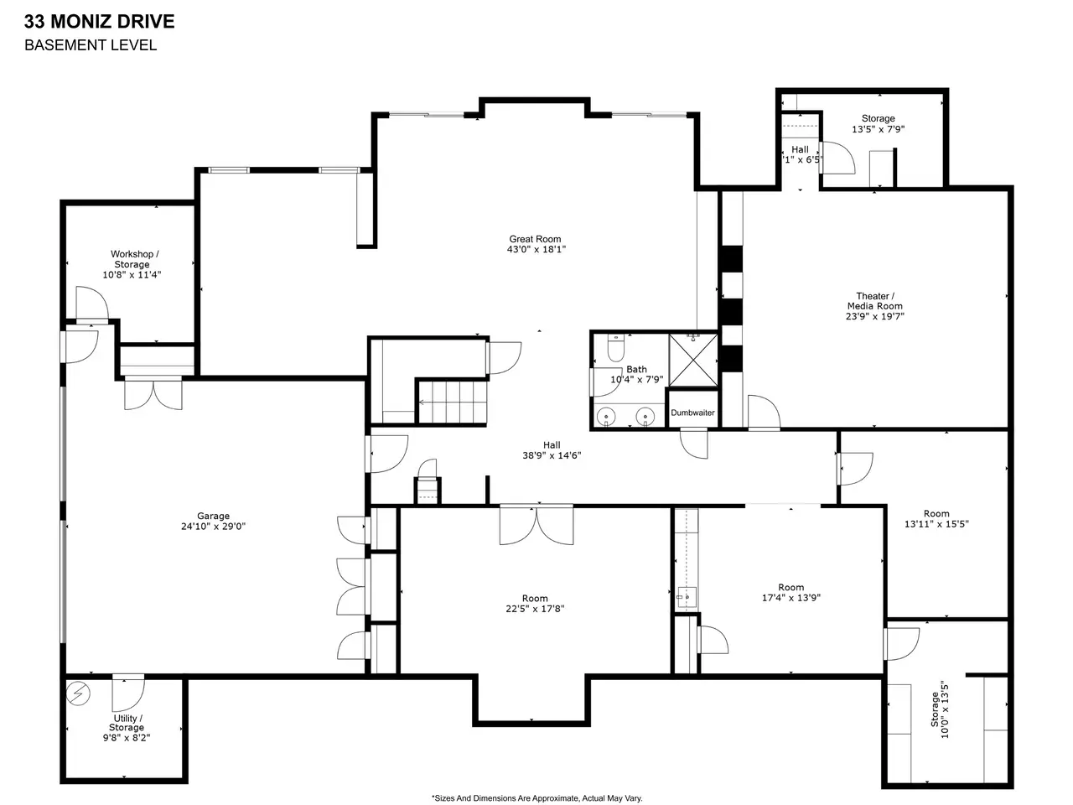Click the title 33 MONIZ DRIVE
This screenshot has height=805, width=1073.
(x=99, y=22)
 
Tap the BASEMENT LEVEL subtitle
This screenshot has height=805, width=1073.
(x=91, y=45)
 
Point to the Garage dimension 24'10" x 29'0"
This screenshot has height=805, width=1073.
(x=213, y=527)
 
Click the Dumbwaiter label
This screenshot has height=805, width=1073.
(x=692, y=413)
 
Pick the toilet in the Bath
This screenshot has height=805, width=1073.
(x=615, y=346)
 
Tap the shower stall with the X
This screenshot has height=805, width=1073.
(x=692, y=361)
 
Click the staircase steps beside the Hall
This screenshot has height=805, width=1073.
(x=452, y=402)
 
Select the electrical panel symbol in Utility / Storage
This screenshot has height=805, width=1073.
(x=78, y=693)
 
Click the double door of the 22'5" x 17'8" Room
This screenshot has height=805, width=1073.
(x=536, y=526)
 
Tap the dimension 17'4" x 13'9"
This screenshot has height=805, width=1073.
(x=791, y=598)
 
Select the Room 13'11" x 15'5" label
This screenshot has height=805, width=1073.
(x=936, y=518)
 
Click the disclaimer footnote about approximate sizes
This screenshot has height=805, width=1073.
(x=536, y=798)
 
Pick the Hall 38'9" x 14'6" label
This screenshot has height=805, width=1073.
(x=552, y=450)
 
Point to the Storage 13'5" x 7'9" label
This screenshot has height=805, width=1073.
(x=878, y=123)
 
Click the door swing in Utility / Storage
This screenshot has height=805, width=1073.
(x=128, y=694)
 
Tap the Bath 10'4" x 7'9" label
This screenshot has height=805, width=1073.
(x=636, y=374)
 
